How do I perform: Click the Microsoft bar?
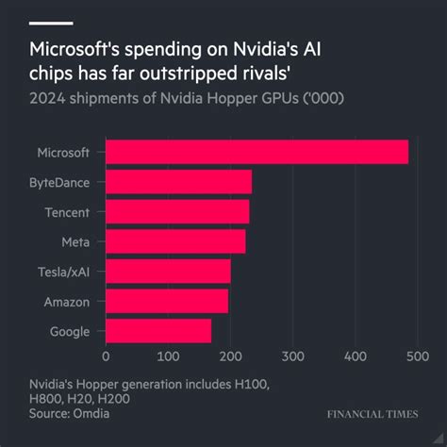[257, 152]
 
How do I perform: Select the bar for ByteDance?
[178, 182]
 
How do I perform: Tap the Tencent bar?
[177, 211]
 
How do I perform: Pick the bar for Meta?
[175, 241]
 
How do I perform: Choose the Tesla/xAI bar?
[168, 272]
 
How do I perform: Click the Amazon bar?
[166, 301]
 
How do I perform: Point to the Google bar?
[158, 331]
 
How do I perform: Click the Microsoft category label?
[63, 152]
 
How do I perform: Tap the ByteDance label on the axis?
[61, 182]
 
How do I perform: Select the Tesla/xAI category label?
[63, 272]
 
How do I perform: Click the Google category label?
[68, 331]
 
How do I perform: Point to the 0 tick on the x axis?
[106, 357]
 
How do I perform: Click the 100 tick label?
[168, 357]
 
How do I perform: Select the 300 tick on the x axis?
[292, 357]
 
